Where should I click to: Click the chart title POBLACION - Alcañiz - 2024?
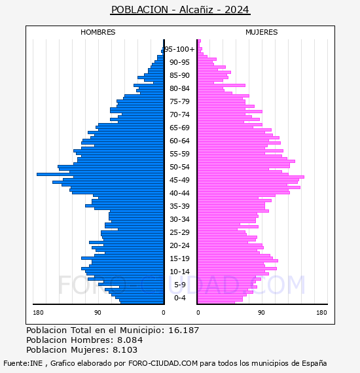180,10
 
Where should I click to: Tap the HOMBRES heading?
98,32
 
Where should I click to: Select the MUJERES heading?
262,32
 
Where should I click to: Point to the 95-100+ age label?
179,49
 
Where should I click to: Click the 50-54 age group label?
179,167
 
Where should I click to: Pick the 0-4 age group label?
179,298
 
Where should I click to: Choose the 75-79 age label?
179,101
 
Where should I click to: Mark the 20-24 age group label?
179,245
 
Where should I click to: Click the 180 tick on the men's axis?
38,312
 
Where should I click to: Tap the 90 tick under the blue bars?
98,312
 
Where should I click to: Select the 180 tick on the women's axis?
321,312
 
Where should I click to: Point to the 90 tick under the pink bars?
261,312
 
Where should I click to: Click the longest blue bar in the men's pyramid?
100,174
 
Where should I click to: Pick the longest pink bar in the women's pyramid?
251,177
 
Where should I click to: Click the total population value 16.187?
183,330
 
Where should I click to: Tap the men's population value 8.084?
130,340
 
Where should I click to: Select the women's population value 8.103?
125,349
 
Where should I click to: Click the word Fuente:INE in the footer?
23,363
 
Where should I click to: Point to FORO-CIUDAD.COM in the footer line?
163,363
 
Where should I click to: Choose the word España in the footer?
314,364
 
